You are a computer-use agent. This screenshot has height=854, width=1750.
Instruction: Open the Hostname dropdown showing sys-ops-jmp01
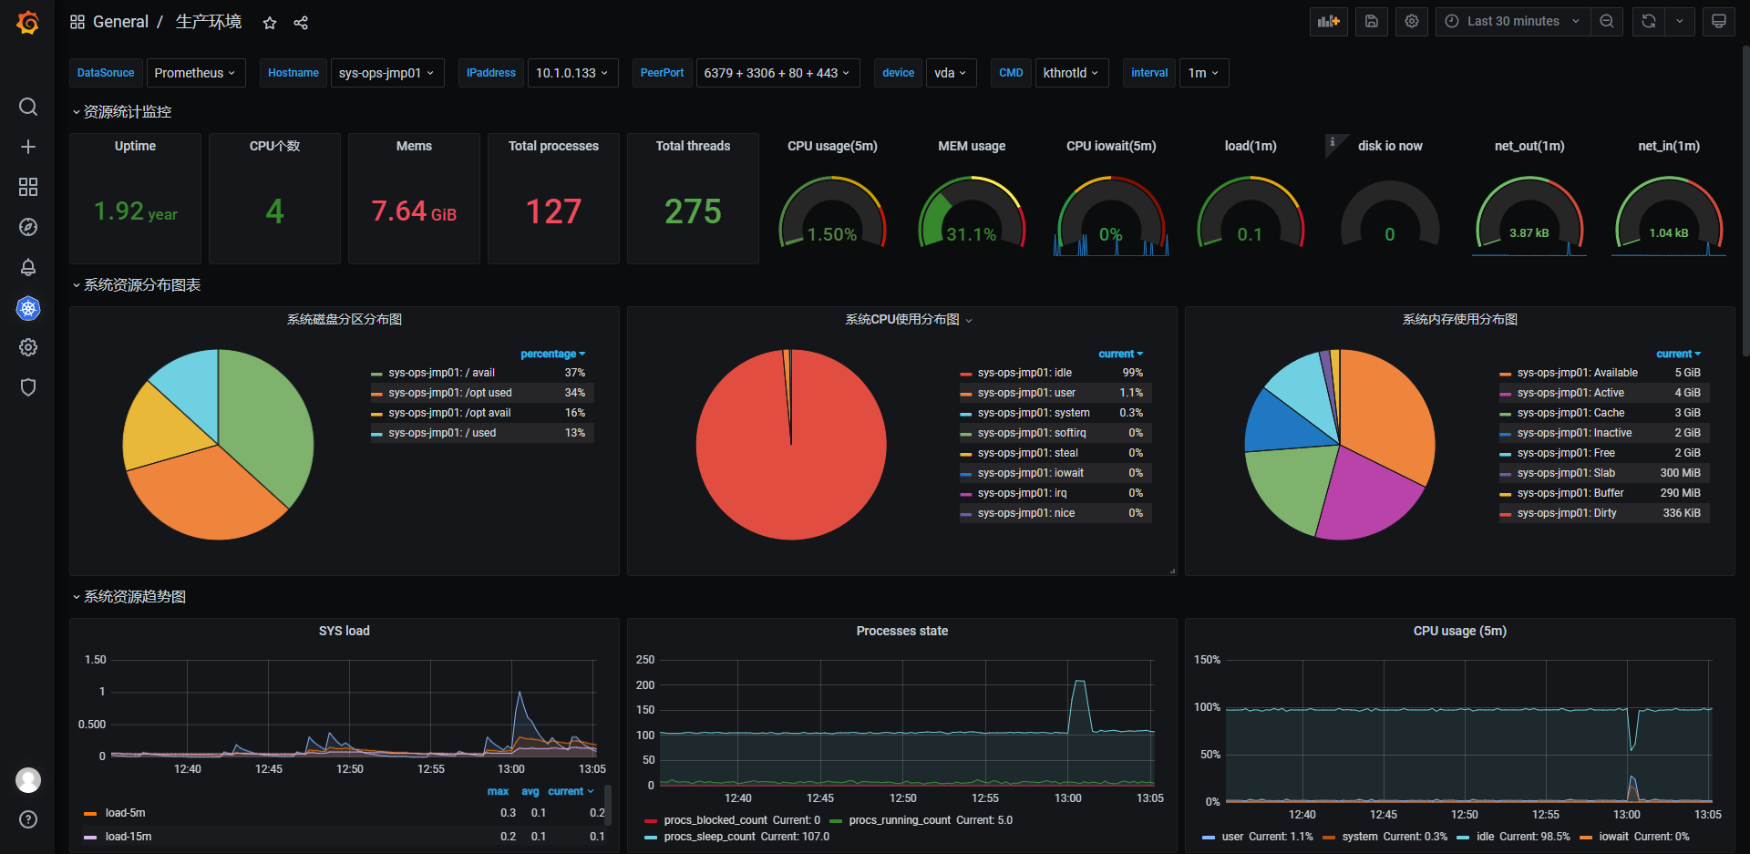(x=386, y=73)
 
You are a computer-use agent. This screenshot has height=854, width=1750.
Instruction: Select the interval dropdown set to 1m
(x=1203, y=73)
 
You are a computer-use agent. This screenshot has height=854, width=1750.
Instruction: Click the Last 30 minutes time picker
(x=1513, y=21)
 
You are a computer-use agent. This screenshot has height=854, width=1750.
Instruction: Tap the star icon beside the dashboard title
(x=270, y=23)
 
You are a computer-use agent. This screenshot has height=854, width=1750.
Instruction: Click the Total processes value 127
(x=553, y=211)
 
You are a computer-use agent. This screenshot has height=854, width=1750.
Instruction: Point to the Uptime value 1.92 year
(x=136, y=211)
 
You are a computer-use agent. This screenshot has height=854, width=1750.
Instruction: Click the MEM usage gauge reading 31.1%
(x=972, y=234)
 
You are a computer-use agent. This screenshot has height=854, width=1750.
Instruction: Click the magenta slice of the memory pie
(x=1367, y=497)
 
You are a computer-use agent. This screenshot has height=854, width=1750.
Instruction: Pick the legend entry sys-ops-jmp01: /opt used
(x=450, y=393)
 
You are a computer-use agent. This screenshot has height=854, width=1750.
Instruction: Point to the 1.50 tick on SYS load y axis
(x=95, y=660)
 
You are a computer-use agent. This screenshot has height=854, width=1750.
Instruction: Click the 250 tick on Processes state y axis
(x=645, y=660)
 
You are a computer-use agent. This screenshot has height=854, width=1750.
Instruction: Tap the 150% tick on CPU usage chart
(x=1207, y=660)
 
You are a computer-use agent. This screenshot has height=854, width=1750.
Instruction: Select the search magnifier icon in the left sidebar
(x=28, y=107)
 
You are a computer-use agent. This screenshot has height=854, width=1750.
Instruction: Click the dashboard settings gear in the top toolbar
(x=1412, y=21)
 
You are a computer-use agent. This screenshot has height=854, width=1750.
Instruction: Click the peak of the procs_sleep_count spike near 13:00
(x=1079, y=681)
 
